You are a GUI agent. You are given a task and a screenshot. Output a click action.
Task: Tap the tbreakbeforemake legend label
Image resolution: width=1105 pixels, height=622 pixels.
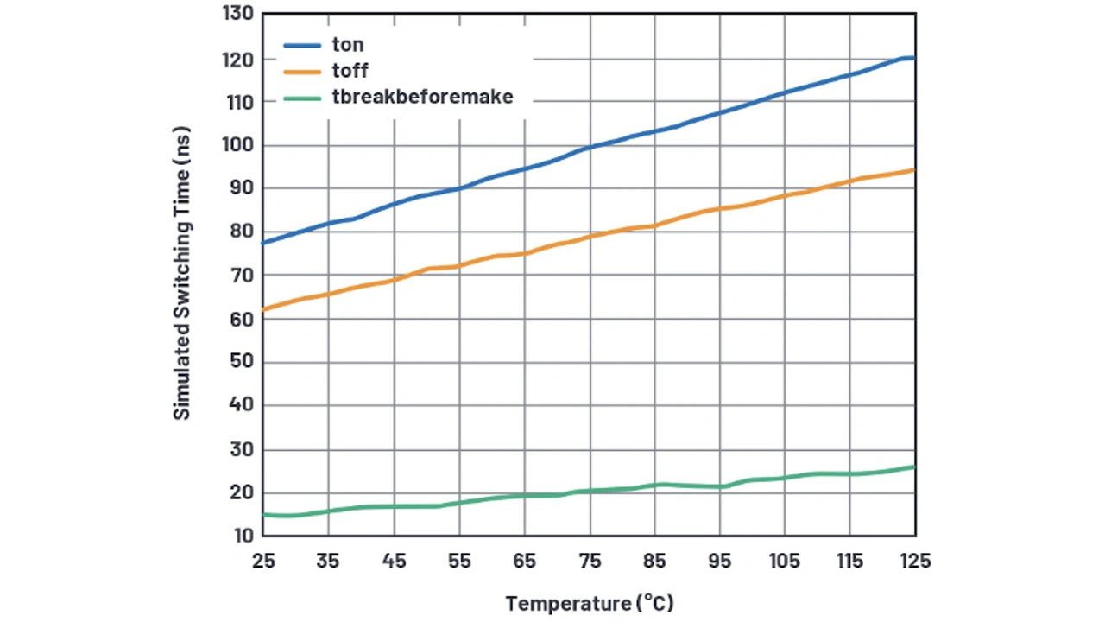pos(423,97)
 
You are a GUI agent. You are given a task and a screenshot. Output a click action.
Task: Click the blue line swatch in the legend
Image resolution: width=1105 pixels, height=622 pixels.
pos(303,45)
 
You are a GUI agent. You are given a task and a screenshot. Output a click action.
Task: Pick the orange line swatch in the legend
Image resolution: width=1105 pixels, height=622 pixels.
pos(303,71)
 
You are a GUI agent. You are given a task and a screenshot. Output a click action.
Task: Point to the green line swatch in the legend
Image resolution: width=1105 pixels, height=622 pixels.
pos(303,97)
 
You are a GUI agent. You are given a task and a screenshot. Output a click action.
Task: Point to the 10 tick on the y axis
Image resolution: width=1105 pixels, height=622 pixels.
pos(241,536)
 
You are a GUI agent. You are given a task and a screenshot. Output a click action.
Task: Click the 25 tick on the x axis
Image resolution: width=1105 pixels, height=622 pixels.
pos(263,562)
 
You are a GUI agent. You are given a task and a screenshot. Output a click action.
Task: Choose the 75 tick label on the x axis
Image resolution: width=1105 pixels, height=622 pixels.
pos(590,562)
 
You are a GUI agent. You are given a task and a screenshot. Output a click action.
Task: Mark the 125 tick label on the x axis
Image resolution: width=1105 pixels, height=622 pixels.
pos(915,562)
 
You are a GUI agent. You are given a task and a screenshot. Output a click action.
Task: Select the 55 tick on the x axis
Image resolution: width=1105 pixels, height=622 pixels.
pos(459,562)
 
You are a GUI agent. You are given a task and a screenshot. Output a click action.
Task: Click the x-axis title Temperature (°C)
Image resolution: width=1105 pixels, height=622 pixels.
pos(590,603)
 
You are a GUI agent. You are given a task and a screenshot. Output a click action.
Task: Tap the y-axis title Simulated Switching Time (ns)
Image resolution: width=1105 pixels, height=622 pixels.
pos(181,275)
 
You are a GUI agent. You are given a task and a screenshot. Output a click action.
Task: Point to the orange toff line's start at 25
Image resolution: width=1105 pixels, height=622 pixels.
pos(263,309)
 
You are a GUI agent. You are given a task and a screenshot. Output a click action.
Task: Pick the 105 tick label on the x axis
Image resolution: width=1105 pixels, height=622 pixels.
pos(785,562)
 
